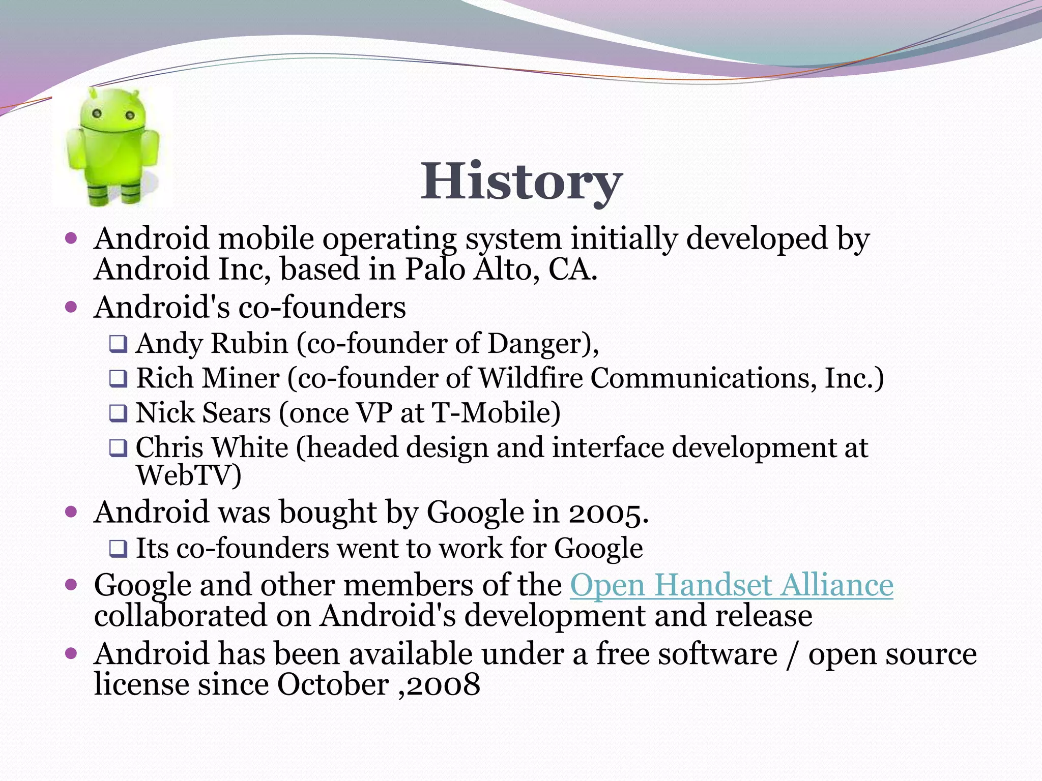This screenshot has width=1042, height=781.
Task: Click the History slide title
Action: click(x=521, y=182)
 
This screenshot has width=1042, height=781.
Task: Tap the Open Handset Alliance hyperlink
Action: click(x=731, y=585)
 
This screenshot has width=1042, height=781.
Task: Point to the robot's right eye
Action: click(x=130, y=115)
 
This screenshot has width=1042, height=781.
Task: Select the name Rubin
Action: click(x=249, y=343)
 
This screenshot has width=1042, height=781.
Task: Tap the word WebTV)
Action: click(x=189, y=475)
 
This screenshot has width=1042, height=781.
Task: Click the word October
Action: click(x=333, y=684)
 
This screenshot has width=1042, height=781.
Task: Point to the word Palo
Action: click(x=435, y=269)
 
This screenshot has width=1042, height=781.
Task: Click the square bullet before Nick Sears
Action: click(x=118, y=413)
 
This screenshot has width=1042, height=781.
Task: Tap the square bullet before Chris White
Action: click(x=118, y=448)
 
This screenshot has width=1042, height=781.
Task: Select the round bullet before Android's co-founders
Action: click(x=71, y=307)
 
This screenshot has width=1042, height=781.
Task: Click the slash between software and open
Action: click(x=792, y=654)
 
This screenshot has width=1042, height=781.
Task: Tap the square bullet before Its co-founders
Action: click(x=118, y=549)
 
